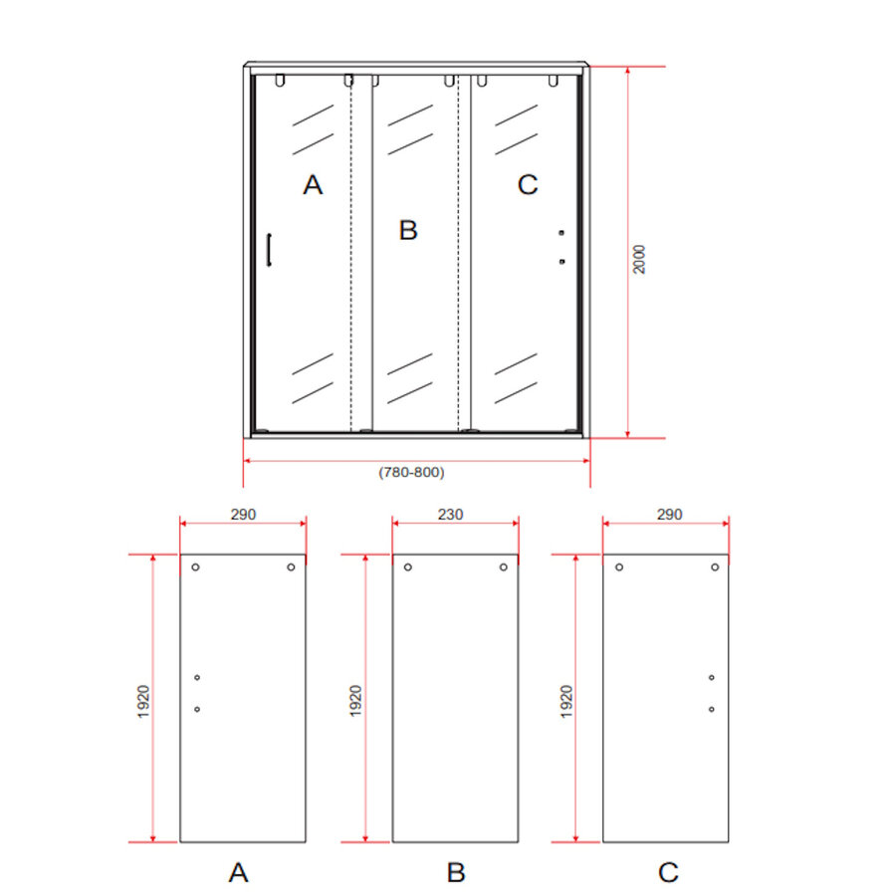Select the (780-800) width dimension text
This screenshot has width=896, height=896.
click(411, 473)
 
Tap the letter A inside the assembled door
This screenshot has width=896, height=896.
click(314, 185)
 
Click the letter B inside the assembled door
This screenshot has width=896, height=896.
click(408, 231)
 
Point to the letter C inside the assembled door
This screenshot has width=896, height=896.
click(528, 185)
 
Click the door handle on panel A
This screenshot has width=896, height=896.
click(269, 250)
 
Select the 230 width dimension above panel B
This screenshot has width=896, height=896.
click(451, 515)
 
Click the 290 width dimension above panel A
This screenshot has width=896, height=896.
click(243, 515)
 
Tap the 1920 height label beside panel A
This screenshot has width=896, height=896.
click(143, 701)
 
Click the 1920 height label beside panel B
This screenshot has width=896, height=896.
click(356, 701)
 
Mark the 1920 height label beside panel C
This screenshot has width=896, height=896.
click(566, 701)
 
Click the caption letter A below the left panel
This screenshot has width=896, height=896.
click(238, 873)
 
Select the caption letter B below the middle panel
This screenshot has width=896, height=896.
click(456, 873)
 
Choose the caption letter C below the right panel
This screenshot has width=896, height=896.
click(668, 873)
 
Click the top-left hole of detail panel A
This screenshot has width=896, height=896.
click(196, 567)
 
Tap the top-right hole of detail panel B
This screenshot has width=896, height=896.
click(504, 567)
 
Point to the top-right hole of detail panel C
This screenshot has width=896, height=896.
click(715, 567)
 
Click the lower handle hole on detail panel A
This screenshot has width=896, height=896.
click(197, 709)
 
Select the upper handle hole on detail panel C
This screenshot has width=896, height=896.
click(712, 678)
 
